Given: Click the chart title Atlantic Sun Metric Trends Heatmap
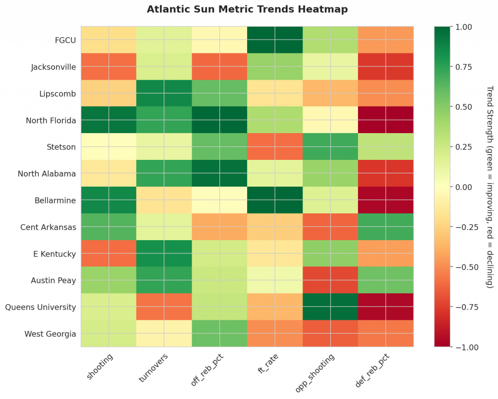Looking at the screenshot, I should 247,9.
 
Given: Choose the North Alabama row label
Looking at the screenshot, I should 47,173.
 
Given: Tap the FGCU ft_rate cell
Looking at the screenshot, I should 275,40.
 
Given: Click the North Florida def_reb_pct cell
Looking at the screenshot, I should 386,120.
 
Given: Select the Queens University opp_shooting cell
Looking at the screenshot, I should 330,307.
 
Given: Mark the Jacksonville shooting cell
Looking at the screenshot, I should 108,67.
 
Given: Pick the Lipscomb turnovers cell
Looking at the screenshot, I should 164,93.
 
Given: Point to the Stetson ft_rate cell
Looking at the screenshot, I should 275,147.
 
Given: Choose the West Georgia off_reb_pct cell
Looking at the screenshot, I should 219,334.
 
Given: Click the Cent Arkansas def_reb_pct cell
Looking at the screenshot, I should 386,227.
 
